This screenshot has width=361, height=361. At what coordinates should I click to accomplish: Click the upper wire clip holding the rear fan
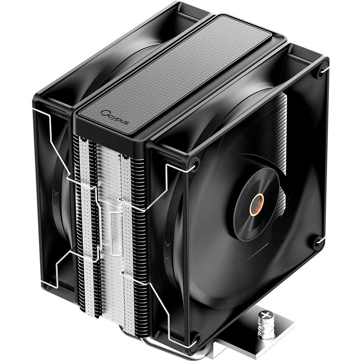[x=55, y=140]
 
